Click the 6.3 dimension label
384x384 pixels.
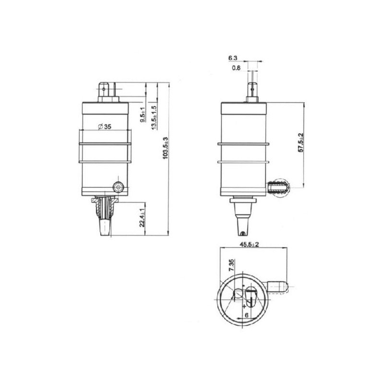point(233,58)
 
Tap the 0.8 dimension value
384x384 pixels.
point(236,68)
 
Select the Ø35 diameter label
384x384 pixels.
point(105,127)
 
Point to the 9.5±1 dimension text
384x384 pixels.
point(143,115)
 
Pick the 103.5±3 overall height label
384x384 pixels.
point(166,148)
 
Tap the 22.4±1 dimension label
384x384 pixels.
point(142,218)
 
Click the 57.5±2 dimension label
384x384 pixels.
point(301,143)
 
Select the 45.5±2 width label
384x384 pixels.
point(249,244)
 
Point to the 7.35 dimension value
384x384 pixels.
point(231,265)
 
